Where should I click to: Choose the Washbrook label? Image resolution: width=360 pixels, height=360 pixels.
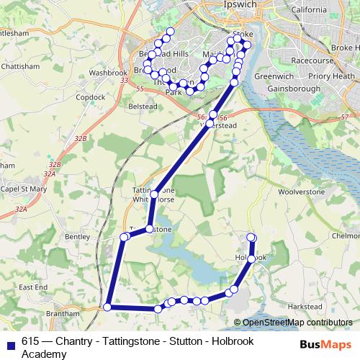109,73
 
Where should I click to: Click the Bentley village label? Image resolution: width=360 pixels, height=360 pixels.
76,235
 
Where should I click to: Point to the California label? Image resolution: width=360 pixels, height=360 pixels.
310,10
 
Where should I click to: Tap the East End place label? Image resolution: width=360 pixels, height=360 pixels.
32,287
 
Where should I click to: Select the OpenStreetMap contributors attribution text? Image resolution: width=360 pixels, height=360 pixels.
293,323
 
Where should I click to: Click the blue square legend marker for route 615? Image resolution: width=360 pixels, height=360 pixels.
9,343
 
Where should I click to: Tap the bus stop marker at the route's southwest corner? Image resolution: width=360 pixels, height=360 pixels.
107,307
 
